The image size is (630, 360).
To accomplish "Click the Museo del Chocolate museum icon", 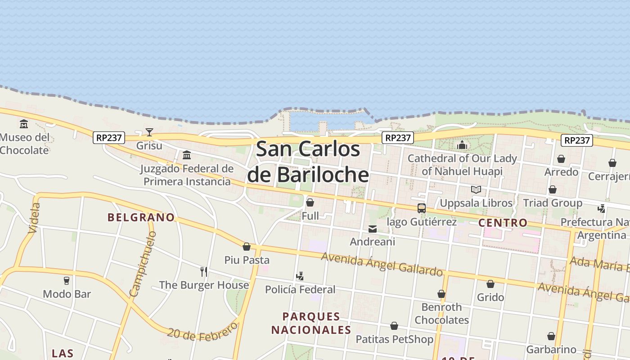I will pos(24,124).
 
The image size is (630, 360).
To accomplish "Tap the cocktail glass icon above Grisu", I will pos(149,132).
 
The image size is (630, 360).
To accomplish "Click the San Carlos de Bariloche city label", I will pos(308,162).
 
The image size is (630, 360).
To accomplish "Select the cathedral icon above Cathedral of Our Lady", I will pos(462,145).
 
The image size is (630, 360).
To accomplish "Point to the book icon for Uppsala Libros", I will pos(476,189).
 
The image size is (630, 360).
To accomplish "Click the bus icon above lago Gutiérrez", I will pos(422,208).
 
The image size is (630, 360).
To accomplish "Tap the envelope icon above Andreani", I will pos(373,229).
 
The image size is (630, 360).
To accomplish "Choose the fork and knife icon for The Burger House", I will pos(204,271).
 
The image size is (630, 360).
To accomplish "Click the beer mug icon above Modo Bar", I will pos(67,281).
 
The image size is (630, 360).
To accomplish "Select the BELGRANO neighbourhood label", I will pos(141,217).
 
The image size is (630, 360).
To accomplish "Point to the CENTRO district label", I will pos(503,223).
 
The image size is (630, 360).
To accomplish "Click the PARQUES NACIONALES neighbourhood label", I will pos(311,323).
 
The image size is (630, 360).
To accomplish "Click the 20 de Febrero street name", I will pos(202,330).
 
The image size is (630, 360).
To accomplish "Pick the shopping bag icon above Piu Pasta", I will pos(247,247).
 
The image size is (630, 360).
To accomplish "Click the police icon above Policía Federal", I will pos(300,276).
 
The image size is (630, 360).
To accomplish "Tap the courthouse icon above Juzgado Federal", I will pos(187,156).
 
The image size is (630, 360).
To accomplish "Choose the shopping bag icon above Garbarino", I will pos(551,336).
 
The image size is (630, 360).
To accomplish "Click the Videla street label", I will pos(34,218).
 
